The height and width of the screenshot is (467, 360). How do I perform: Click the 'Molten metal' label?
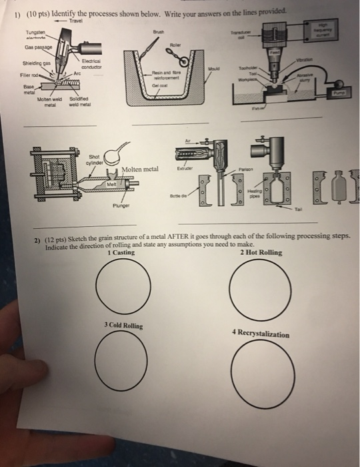pos(139,169)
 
